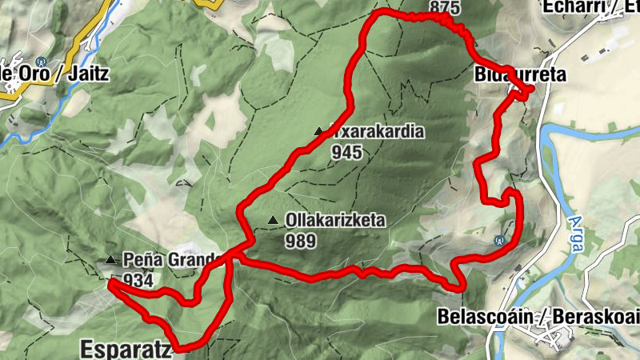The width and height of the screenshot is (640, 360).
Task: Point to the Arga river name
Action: click(x=575, y=232)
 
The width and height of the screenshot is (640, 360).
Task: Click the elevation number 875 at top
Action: click(x=445, y=7)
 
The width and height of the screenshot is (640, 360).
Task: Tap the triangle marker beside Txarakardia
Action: click(x=318, y=132)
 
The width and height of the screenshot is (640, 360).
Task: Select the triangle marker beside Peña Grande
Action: click(x=110, y=259)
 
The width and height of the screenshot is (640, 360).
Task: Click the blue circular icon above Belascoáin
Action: click(x=500, y=239)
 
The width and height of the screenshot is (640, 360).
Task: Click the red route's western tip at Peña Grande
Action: click(x=109, y=281)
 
